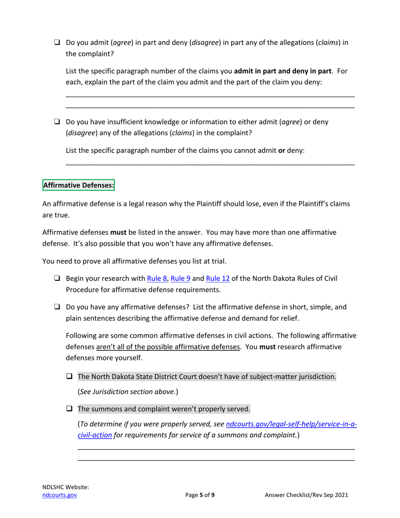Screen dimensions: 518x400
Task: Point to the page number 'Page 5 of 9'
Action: coord(200,496)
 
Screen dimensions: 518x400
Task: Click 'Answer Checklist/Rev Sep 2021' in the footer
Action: coord(306,496)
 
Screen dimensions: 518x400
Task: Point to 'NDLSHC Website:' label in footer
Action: coord(66,487)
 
